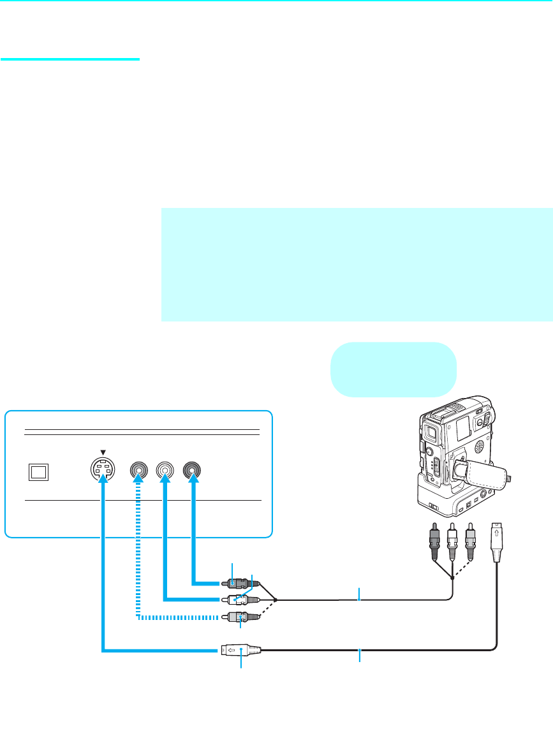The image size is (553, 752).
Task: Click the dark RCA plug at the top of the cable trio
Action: pos(238,583)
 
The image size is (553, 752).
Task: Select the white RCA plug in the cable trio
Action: pos(238,600)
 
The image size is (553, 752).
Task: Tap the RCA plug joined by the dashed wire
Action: pos(238,617)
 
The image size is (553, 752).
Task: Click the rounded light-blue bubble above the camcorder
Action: pos(394,369)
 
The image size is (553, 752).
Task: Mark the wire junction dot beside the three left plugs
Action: pos(276,600)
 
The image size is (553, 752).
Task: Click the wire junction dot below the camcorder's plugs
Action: pos(452,577)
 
